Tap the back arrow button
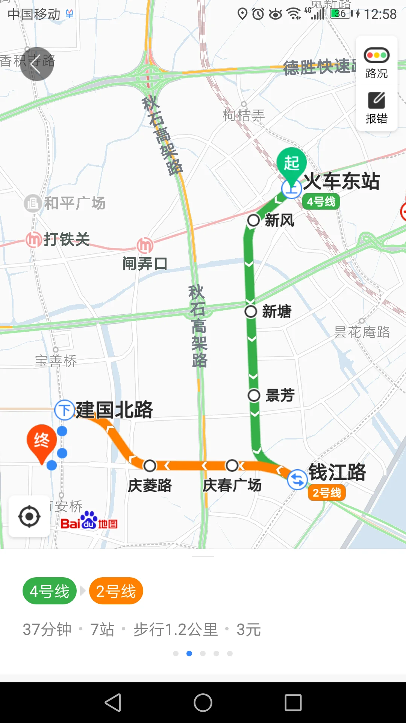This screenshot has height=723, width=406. tap(36, 64)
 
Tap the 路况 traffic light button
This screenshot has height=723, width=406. tap(376, 62)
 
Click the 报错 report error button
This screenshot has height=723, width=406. tap(376, 108)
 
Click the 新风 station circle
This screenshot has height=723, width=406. tap(253, 220)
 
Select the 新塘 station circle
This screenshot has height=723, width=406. tap(251, 311)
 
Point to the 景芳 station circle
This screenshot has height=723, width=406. tap(254, 395)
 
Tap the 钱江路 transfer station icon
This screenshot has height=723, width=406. tap(297, 480)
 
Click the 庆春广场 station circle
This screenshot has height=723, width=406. tap(232, 465)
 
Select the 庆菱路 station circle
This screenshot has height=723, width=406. tap(150, 465)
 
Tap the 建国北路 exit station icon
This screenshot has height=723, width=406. tap(65, 410)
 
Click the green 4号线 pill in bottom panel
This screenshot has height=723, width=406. tap(50, 591)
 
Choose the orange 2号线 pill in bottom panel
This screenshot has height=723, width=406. tap(116, 591)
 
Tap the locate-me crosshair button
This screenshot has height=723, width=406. tap(29, 517)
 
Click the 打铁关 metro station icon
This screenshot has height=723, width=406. tap(34, 239)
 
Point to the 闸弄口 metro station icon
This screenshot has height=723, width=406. tap(145, 245)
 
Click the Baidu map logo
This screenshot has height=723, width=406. tap(89, 522)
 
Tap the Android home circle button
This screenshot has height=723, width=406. tap(203, 703)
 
